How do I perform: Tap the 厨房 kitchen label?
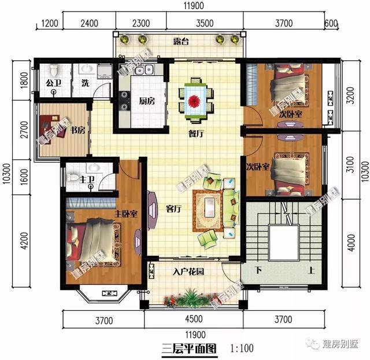[147, 101]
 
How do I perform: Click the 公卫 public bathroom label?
[53, 83]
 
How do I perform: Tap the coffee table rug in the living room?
[208, 210]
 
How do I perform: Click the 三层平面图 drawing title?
[189, 348]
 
